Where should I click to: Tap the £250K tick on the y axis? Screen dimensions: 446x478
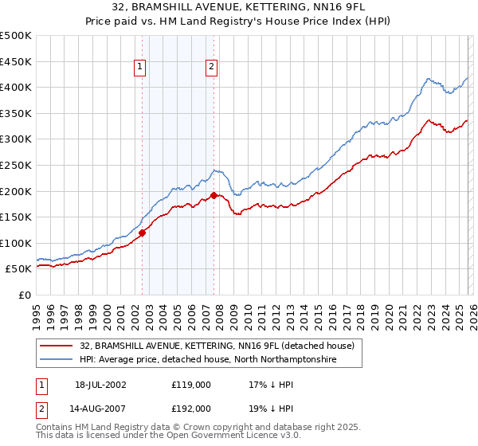tap(16, 165)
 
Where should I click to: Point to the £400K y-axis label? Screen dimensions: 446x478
tap(16, 88)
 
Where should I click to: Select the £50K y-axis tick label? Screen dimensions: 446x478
tap(18, 269)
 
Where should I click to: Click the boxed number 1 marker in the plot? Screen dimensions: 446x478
tap(139, 68)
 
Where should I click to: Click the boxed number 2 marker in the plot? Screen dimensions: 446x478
tap(212, 68)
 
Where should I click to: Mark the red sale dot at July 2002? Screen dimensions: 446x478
tap(143, 233)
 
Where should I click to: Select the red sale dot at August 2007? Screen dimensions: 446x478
tap(214, 195)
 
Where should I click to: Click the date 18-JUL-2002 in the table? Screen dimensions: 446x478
tap(101, 385)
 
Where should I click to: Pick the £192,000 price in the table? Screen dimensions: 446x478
tap(191, 408)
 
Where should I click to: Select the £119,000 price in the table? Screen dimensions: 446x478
tap(191, 385)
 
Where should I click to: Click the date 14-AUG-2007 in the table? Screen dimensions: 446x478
tap(101, 408)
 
